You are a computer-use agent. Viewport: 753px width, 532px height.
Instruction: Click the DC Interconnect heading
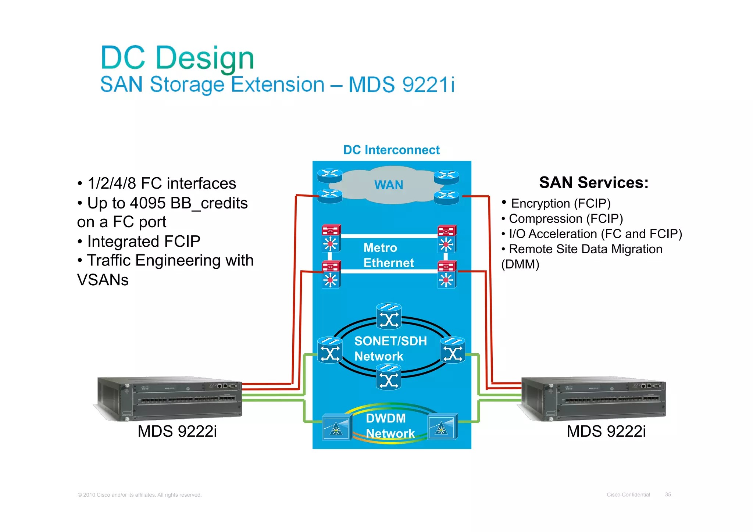point(391,150)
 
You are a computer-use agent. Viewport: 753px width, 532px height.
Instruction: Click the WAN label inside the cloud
point(389,185)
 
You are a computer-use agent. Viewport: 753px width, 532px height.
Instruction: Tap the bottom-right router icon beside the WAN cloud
point(446,197)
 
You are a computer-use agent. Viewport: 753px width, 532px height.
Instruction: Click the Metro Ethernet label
point(388,255)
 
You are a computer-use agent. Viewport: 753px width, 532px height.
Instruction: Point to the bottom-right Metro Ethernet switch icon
point(447,274)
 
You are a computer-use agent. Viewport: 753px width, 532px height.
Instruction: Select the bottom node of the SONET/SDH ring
point(389,377)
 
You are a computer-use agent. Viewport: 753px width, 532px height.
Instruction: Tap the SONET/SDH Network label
point(390,349)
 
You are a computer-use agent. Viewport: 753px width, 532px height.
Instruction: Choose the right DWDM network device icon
point(443,426)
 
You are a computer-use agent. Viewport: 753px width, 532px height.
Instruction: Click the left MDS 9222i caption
point(177,431)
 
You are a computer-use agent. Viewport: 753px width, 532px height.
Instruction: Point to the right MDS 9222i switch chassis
point(593,399)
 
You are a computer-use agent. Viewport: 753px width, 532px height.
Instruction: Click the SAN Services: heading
point(593,183)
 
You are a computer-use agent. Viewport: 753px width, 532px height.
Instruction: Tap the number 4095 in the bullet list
point(147,203)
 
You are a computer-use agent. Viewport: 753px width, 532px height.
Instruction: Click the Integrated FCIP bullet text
point(143,242)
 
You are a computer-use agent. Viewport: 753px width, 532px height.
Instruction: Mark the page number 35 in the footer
point(668,494)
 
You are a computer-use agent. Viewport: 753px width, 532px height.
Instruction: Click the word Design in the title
point(205,58)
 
